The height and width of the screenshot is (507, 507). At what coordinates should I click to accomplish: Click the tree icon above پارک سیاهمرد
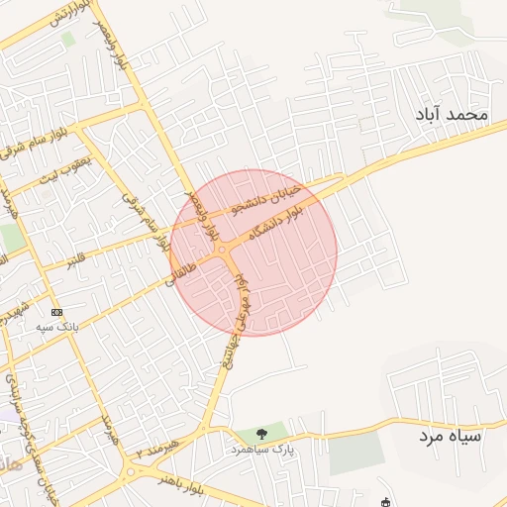(x=261, y=434)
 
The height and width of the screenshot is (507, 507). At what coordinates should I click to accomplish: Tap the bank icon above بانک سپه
(x=55, y=311)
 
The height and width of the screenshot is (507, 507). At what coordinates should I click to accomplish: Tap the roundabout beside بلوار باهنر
(x=132, y=471)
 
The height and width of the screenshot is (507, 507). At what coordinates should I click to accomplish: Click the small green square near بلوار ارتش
(x=68, y=39)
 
